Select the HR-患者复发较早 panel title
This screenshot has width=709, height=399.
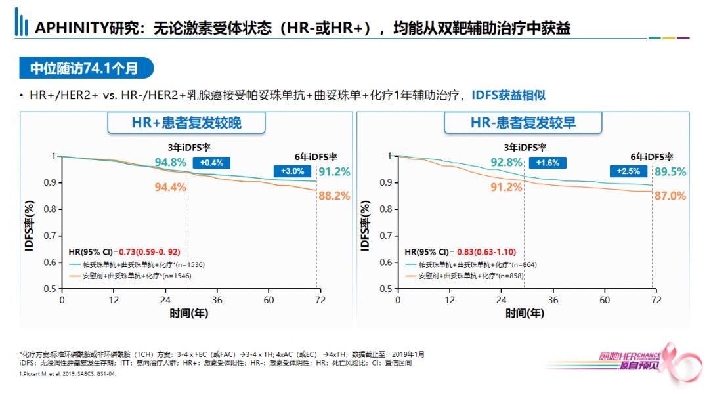[523, 123]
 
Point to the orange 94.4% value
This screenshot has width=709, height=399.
[171, 187]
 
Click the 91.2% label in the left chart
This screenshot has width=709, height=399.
[335, 171]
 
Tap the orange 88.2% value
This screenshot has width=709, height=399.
[335, 196]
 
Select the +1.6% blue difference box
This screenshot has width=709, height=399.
[548, 163]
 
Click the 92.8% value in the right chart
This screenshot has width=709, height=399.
[507, 162]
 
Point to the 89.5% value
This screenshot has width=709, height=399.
[670, 171]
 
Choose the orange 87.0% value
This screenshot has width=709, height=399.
[670, 196]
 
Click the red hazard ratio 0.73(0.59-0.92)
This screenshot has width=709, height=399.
[149, 251]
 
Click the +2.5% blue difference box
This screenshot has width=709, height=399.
[628, 171]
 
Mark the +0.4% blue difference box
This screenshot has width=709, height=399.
[211, 163]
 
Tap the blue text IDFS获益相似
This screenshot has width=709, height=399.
[509, 95]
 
